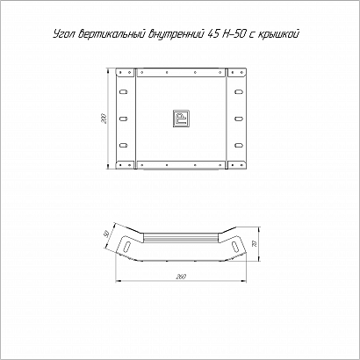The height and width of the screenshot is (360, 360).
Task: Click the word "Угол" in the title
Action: [63, 34]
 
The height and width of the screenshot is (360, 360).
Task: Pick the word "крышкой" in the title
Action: [279, 35]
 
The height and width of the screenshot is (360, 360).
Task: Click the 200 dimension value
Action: [105, 119]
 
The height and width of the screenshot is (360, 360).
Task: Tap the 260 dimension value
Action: [182, 277]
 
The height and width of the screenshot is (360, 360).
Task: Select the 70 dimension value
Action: [255, 244]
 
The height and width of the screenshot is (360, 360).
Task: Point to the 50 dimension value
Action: [107, 234]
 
